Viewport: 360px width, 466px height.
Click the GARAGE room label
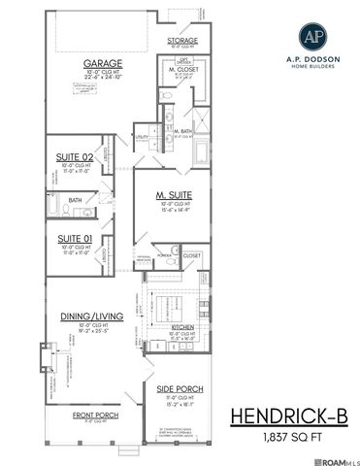click(x=102, y=64)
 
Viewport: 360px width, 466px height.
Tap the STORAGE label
click(x=182, y=41)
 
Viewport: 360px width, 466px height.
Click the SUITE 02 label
click(x=75, y=156)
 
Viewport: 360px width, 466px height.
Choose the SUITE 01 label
click(x=74, y=238)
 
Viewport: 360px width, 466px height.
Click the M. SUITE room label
click(x=171, y=194)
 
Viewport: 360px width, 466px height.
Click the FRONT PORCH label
click(x=88, y=415)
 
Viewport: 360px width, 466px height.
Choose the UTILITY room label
click(x=142, y=138)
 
